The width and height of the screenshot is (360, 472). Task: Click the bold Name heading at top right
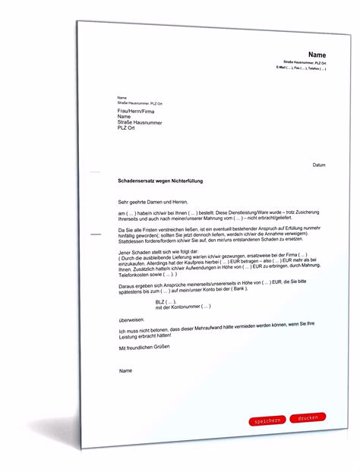click(x=317, y=55)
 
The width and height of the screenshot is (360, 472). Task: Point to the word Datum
click(x=319, y=164)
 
